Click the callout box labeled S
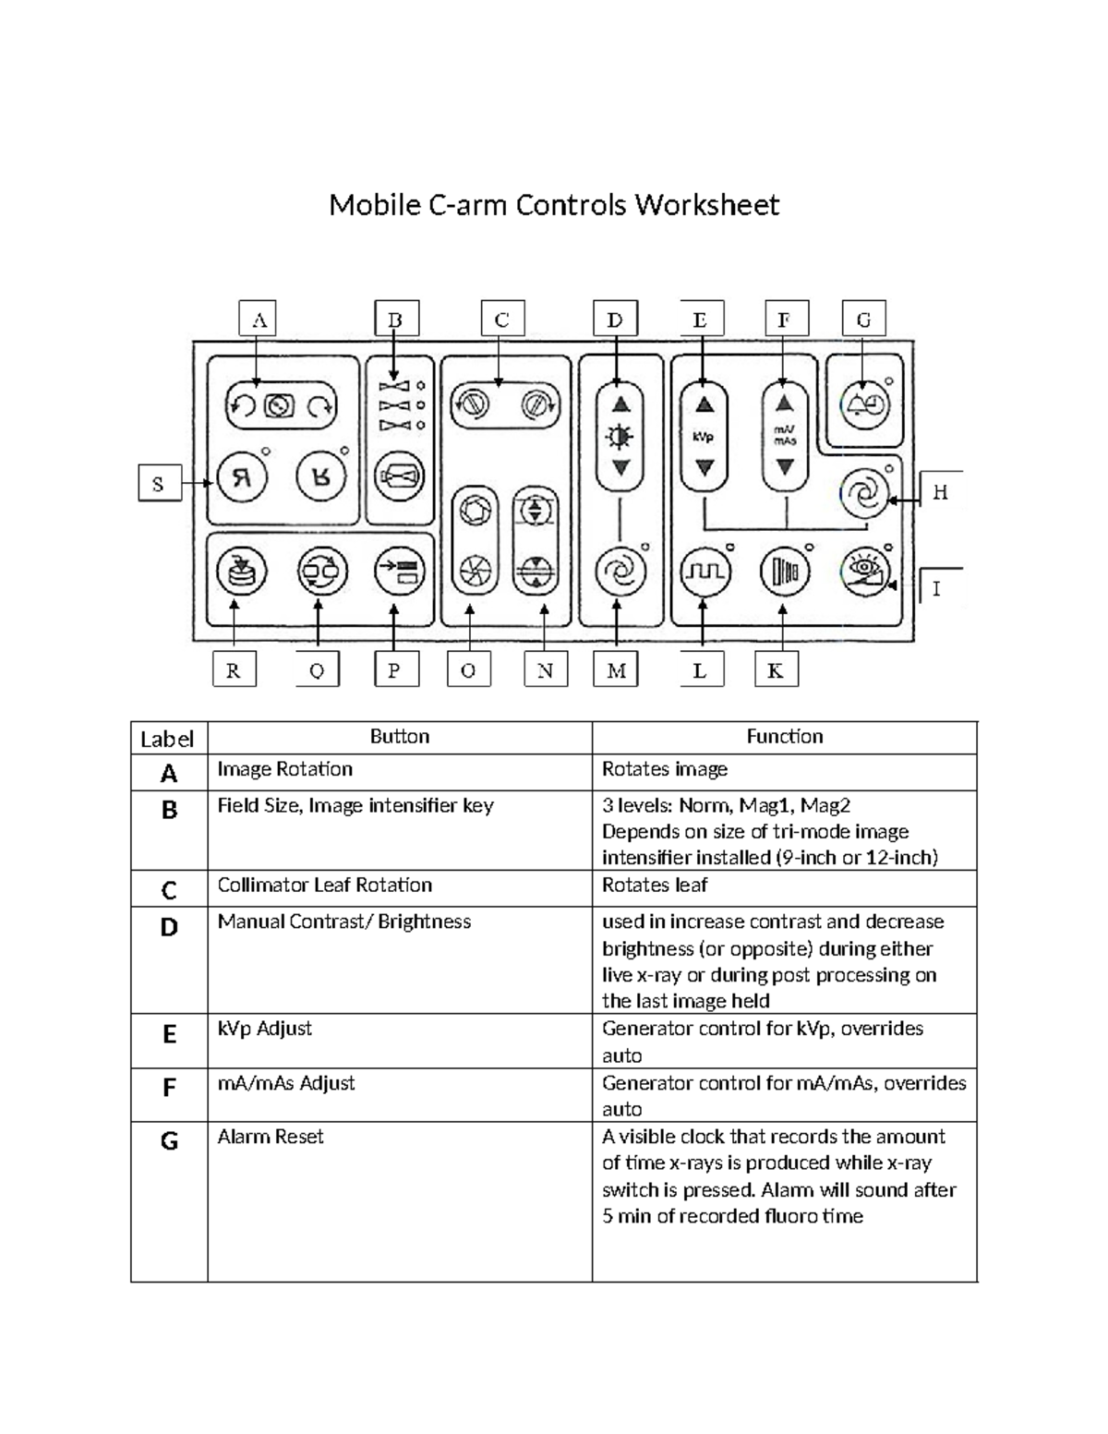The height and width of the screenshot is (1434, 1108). click(x=159, y=483)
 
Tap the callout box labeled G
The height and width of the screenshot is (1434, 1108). click(x=863, y=319)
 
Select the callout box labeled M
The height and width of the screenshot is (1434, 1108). click(x=616, y=670)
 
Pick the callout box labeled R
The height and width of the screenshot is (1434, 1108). click(x=234, y=670)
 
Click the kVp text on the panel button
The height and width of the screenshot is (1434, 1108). click(x=704, y=437)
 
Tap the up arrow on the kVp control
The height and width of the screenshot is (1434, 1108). click(x=704, y=404)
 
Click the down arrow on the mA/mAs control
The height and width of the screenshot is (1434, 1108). click(x=785, y=467)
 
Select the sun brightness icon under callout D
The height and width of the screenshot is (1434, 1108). click(x=620, y=436)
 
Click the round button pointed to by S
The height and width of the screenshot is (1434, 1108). click(x=242, y=477)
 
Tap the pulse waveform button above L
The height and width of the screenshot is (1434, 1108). click(x=704, y=572)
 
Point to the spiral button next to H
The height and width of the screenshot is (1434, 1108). click(x=865, y=494)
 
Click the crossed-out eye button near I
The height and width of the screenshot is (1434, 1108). click(x=866, y=572)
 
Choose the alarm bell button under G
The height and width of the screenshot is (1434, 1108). click(x=863, y=404)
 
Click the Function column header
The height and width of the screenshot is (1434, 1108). click(x=784, y=737)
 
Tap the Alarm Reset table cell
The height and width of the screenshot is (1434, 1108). click(x=271, y=1137)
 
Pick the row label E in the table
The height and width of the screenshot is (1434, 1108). click(x=169, y=1034)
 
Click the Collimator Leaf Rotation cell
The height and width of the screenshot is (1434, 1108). click(x=324, y=885)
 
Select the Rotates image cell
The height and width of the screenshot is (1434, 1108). click(x=665, y=769)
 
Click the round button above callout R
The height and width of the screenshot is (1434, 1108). click(x=241, y=572)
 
